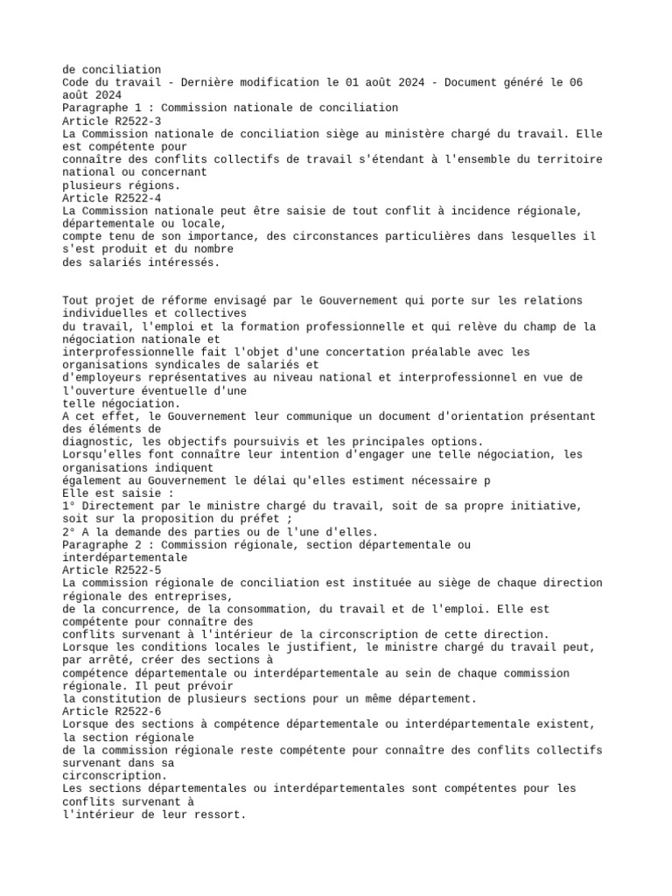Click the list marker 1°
[69, 506]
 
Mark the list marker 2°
[69, 531]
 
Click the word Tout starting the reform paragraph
[75, 301]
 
